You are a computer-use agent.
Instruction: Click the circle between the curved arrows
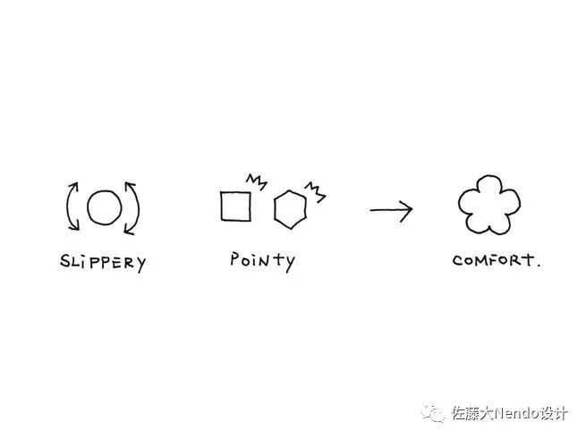[104, 208]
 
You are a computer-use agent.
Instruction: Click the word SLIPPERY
[102, 263]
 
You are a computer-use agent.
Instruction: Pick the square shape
[235, 207]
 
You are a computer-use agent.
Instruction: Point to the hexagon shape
[290, 209]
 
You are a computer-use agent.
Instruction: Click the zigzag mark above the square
[257, 182]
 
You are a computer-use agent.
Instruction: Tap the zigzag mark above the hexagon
[315, 188]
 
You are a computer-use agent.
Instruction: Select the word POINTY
[262, 260]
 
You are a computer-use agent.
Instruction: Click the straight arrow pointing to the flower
[391, 211]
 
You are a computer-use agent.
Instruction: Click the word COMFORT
[493, 261]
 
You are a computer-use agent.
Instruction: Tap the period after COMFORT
[539, 266]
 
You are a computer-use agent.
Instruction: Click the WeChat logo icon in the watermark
[434, 414]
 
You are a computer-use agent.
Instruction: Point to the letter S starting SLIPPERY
[65, 263]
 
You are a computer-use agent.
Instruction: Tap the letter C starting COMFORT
[458, 262]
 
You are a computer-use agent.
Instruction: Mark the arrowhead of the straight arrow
[407, 211]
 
